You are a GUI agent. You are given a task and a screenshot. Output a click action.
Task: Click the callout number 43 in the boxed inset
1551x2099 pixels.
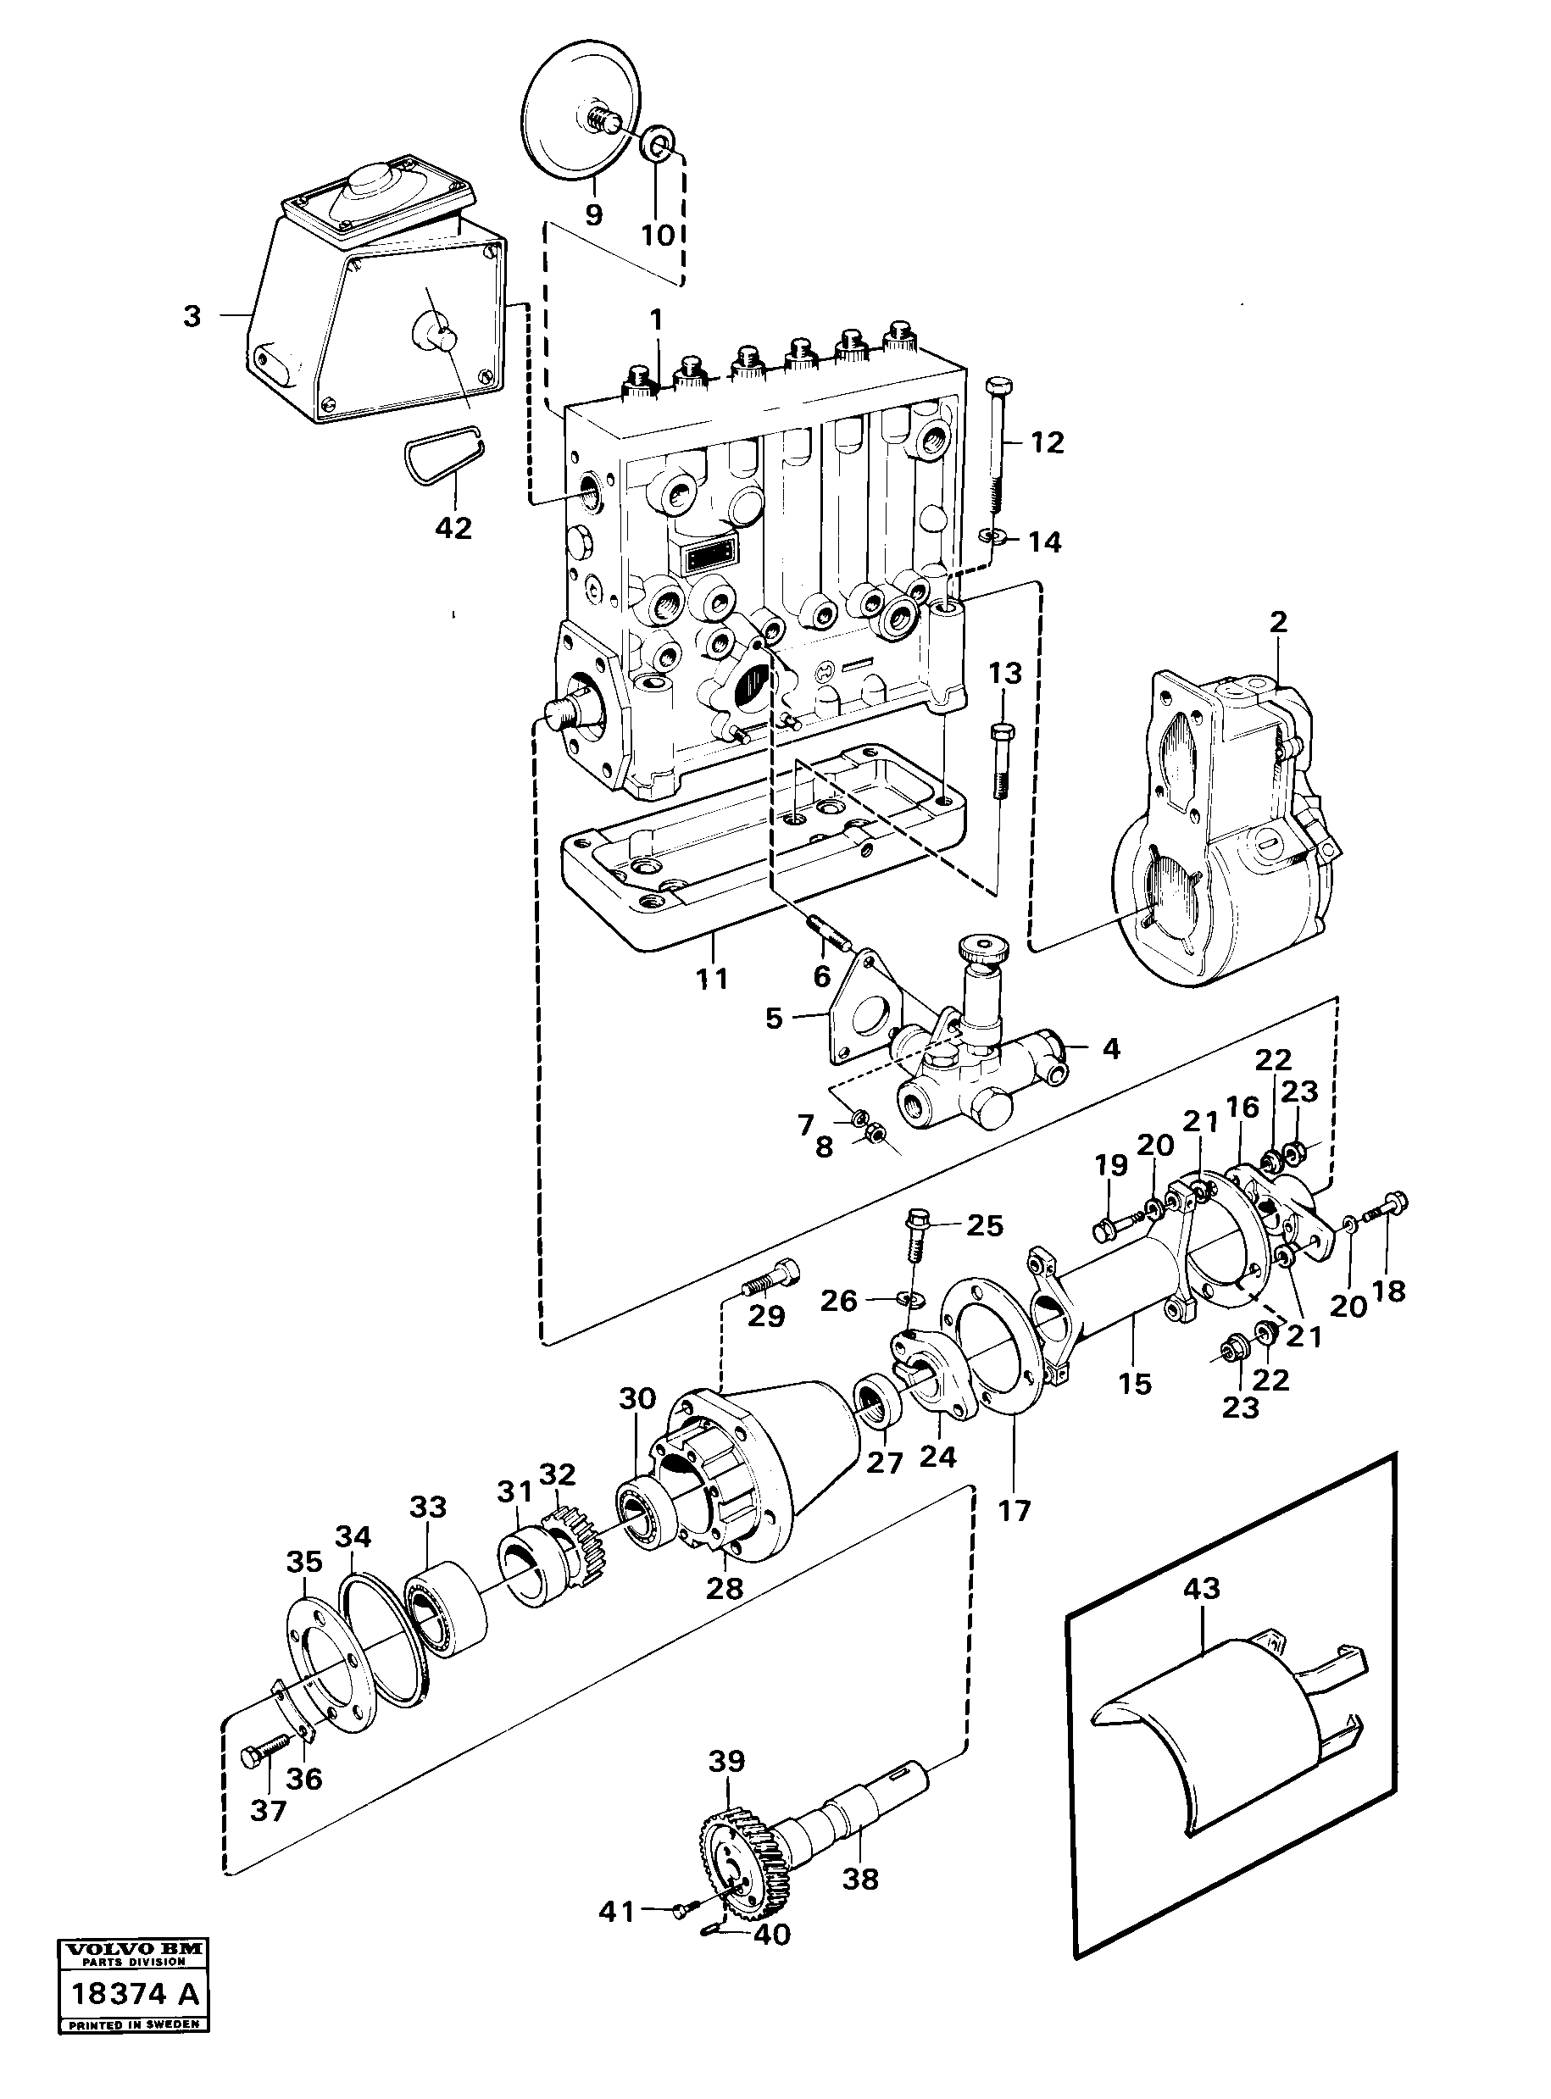pyautogui.click(x=1202, y=1589)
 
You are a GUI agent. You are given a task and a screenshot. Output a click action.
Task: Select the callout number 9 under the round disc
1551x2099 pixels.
pyautogui.click(x=592, y=214)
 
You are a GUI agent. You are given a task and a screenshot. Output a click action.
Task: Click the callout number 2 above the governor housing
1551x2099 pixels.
pyautogui.click(x=1278, y=621)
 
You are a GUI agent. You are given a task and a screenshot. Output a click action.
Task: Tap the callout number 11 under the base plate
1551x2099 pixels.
pyautogui.click(x=712, y=979)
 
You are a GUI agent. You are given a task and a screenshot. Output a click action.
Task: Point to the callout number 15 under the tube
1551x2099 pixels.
pyautogui.click(x=1134, y=1384)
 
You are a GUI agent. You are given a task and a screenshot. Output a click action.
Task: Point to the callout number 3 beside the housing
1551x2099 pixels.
pyautogui.click(x=192, y=317)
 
